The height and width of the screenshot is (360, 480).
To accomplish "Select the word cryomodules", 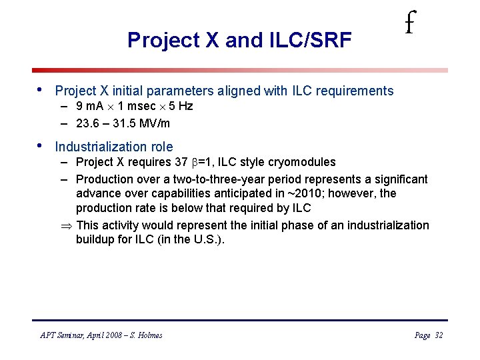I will pos(303,163).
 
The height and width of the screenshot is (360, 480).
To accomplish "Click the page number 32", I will pos(438,335).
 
